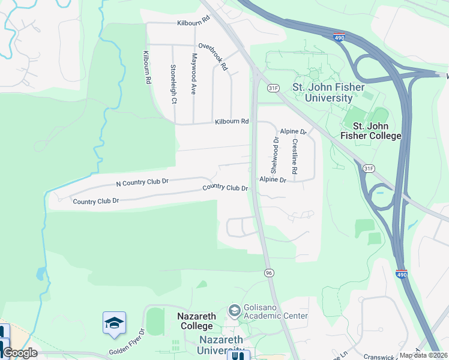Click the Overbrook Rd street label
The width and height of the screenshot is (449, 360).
213,56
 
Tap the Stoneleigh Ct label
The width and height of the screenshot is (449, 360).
173,84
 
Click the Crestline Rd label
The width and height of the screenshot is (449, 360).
295,157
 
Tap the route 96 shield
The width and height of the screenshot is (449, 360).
269,273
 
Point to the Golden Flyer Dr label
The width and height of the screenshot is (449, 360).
127,342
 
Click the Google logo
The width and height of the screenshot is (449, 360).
20,353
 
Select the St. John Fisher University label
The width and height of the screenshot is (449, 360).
328,92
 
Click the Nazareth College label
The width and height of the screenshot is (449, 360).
195,321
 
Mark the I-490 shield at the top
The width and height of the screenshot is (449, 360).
339,37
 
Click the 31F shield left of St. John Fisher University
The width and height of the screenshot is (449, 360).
274,88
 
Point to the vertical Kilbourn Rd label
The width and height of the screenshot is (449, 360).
146,67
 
